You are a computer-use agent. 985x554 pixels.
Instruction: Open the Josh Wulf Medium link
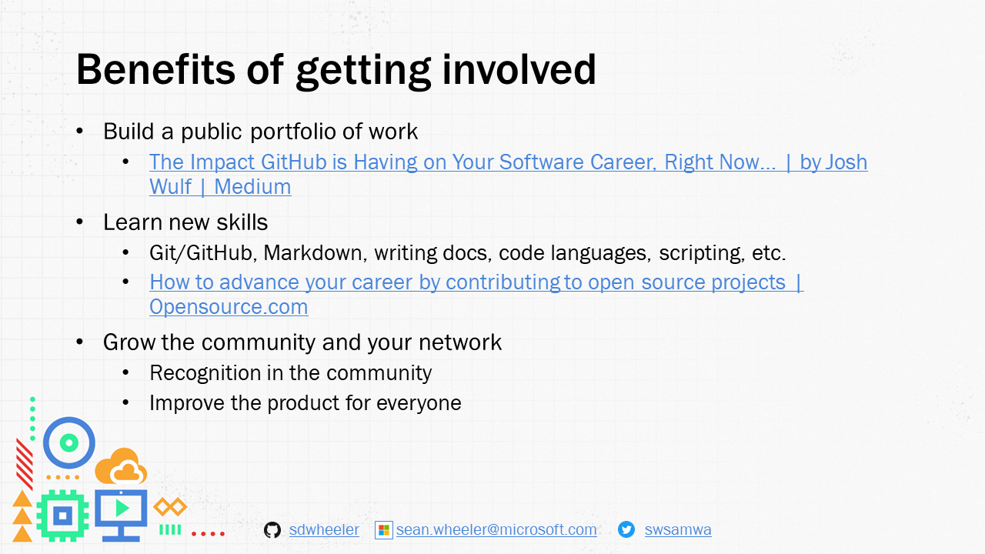point(508,162)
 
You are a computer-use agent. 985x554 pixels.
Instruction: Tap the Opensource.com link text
point(229,307)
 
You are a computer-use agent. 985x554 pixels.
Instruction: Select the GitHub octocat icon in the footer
point(272,530)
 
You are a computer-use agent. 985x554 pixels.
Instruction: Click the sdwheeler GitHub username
point(324,530)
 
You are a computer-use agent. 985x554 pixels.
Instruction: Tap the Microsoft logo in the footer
point(383,530)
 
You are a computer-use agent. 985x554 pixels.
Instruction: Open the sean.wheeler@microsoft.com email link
point(496,530)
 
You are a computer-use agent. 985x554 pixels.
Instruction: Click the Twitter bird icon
point(626,530)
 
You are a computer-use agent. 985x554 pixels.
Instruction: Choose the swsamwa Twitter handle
point(678,530)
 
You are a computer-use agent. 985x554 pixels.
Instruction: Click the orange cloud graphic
point(121,466)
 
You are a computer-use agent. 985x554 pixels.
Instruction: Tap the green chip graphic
point(62,514)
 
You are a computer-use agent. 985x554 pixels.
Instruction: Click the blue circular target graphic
point(68,442)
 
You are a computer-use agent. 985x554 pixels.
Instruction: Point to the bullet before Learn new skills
point(81,222)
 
